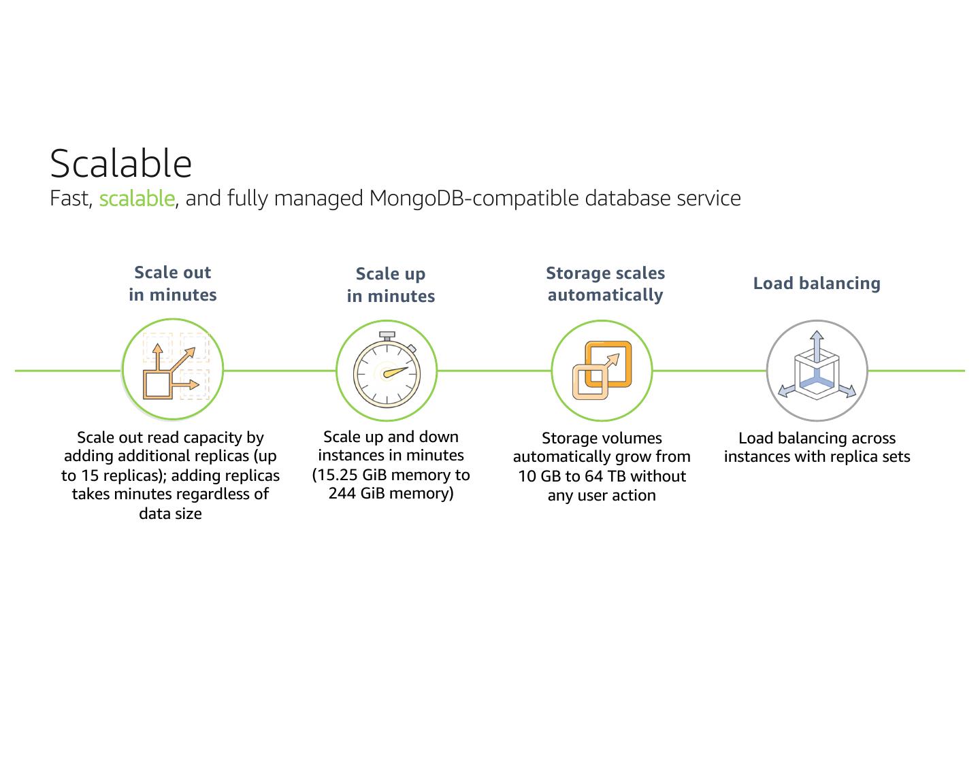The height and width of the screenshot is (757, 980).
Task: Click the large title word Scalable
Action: [x=121, y=163]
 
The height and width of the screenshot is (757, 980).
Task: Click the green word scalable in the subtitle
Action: [x=137, y=199]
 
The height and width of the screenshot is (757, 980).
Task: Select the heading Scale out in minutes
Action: [x=173, y=284]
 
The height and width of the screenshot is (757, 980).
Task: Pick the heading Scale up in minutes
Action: [x=391, y=285]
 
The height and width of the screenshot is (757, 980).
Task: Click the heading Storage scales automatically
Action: [x=605, y=284]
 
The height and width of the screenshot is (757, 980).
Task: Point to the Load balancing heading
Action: [x=817, y=284]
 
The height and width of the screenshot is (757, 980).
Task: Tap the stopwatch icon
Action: [x=387, y=371]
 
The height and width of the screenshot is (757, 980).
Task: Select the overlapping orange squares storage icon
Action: [x=602, y=371]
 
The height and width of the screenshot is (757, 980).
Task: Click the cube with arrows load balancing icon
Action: [x=817, y=371]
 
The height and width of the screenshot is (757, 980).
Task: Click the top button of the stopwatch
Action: [x=387, y=335]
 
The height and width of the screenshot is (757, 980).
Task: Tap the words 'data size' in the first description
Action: [x=170, y=514]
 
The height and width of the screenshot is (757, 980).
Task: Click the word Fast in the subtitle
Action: [x=70, y=199]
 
